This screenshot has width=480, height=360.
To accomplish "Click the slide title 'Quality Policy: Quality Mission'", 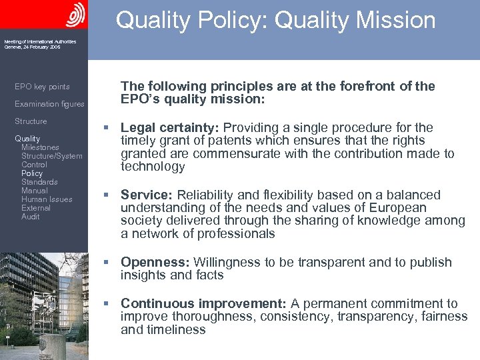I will coord(275,20).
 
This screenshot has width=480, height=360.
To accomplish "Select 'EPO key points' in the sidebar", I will coord(42,87).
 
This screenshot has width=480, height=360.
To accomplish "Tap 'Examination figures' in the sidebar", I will coord(49,104).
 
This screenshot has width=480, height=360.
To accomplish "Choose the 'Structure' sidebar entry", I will coord(31,121).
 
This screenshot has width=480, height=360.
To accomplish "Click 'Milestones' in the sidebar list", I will coord(40,147).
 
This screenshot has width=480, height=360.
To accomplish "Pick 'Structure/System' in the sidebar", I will coord(52,156).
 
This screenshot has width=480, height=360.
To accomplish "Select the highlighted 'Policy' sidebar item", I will coord(32,173).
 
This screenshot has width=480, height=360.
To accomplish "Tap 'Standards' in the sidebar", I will coord(39,182).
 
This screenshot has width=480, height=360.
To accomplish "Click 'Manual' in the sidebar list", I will coord(34,191).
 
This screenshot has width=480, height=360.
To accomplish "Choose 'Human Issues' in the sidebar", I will coord(47,199).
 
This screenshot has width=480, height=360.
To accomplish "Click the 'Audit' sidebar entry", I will coord(31,217).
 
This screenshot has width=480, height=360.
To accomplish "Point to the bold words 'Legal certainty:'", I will coord(170,127).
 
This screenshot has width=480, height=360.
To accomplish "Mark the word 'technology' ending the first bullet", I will coord(153,167).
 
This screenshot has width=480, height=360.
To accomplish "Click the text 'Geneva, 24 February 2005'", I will coord(32,47).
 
